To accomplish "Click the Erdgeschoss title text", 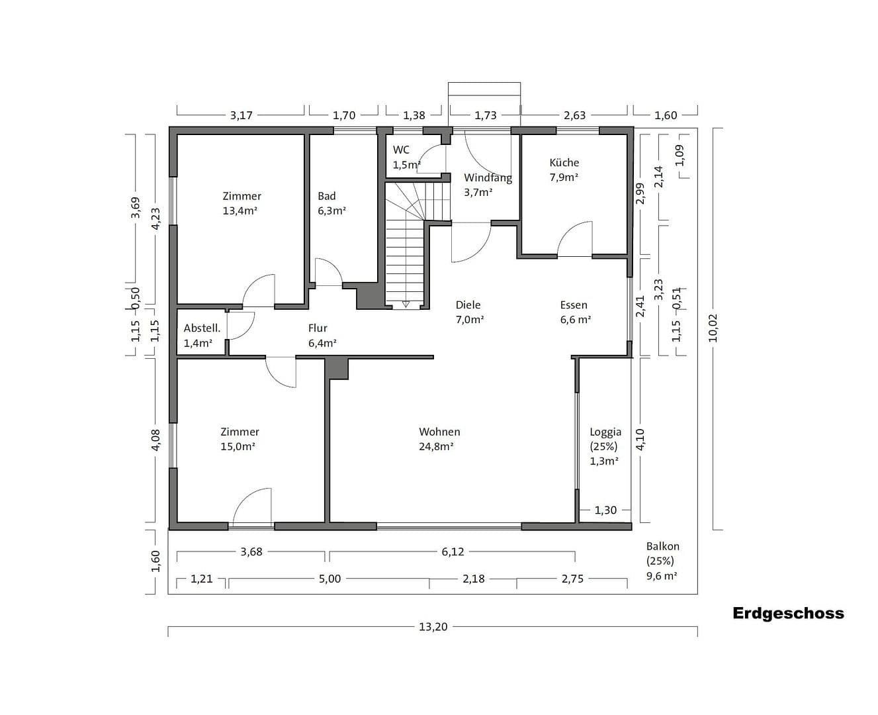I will pos(788,613).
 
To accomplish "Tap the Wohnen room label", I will pos(439,432).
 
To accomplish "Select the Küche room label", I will pos(564,162).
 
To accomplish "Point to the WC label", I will pos(401,150).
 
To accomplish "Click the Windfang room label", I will pos(488,177).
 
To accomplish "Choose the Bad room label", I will pos(327,196).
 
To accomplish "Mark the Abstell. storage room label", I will pos(202,328).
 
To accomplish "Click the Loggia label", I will pos(605,432).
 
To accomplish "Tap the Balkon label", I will pos(662,546).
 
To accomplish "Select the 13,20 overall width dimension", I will pos(433,626).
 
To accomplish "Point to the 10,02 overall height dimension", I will pos(713,328).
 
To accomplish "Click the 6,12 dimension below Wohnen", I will pos(453,551).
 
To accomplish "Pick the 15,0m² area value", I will pos(238,447).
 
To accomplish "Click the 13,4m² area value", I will pos(240,211).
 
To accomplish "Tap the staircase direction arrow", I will pos(406,304).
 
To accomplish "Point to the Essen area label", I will pos(574,305).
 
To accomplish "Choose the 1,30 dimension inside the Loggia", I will pos(605,510).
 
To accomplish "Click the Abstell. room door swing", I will pos(241,324).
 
